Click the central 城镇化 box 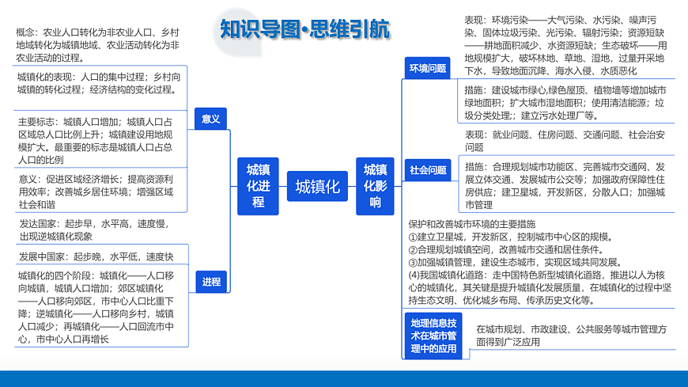pos(317,186)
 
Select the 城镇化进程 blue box pos(258,186)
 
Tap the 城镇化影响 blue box pos(375,186)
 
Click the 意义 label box pos(210,119)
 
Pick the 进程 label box pos(211,282)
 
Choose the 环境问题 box pos(427,68)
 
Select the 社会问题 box pos(428,170)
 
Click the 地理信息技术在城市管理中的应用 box pos(433,336)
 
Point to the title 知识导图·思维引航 pos(304,29)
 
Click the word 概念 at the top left pos(25,32)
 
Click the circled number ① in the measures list pos(413,237)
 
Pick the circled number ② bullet pos(413,250)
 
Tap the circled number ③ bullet pos(413,263)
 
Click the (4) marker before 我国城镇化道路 pos(414,275)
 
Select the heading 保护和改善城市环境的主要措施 pos(471,224)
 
